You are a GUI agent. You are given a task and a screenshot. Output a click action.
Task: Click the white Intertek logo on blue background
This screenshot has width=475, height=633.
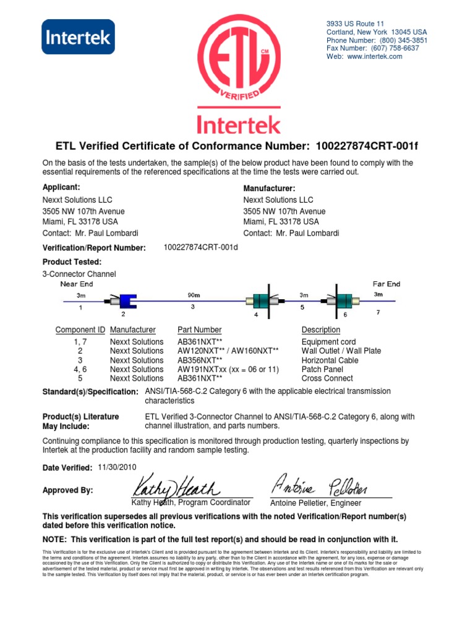coord(77,36)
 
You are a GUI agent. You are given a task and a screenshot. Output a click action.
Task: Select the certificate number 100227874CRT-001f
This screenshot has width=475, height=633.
coord(371,147)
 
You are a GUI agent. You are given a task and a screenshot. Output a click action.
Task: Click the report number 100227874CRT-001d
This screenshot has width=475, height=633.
coord(201,247)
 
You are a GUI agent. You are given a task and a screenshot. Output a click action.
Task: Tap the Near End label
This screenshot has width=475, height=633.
coord(77,284)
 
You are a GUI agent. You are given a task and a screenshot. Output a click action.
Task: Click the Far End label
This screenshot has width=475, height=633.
coord(387,284)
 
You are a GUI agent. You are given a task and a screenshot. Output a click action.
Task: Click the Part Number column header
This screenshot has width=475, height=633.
coord(199,330)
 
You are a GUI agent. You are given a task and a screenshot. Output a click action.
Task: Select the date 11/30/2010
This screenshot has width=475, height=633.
coord(117,467)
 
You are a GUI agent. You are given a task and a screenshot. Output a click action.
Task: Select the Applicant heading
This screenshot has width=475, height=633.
coord(61,187)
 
